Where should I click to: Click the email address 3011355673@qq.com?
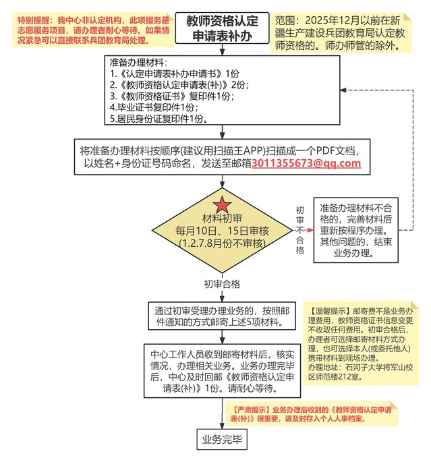click(306, 163)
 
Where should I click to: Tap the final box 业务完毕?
click(222, 440)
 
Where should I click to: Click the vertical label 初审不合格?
click(300, 230)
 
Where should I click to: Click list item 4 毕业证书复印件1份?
click(150, 107)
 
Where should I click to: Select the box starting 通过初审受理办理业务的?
click(223, 316)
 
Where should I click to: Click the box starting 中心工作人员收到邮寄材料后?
click(223, 370)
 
